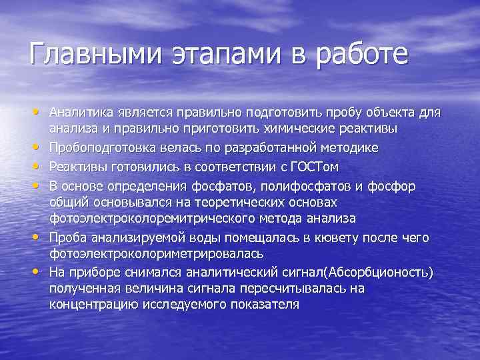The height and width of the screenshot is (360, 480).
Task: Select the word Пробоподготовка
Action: click(x=95, y=147)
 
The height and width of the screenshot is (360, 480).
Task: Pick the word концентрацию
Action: click(x=93, y=305)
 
